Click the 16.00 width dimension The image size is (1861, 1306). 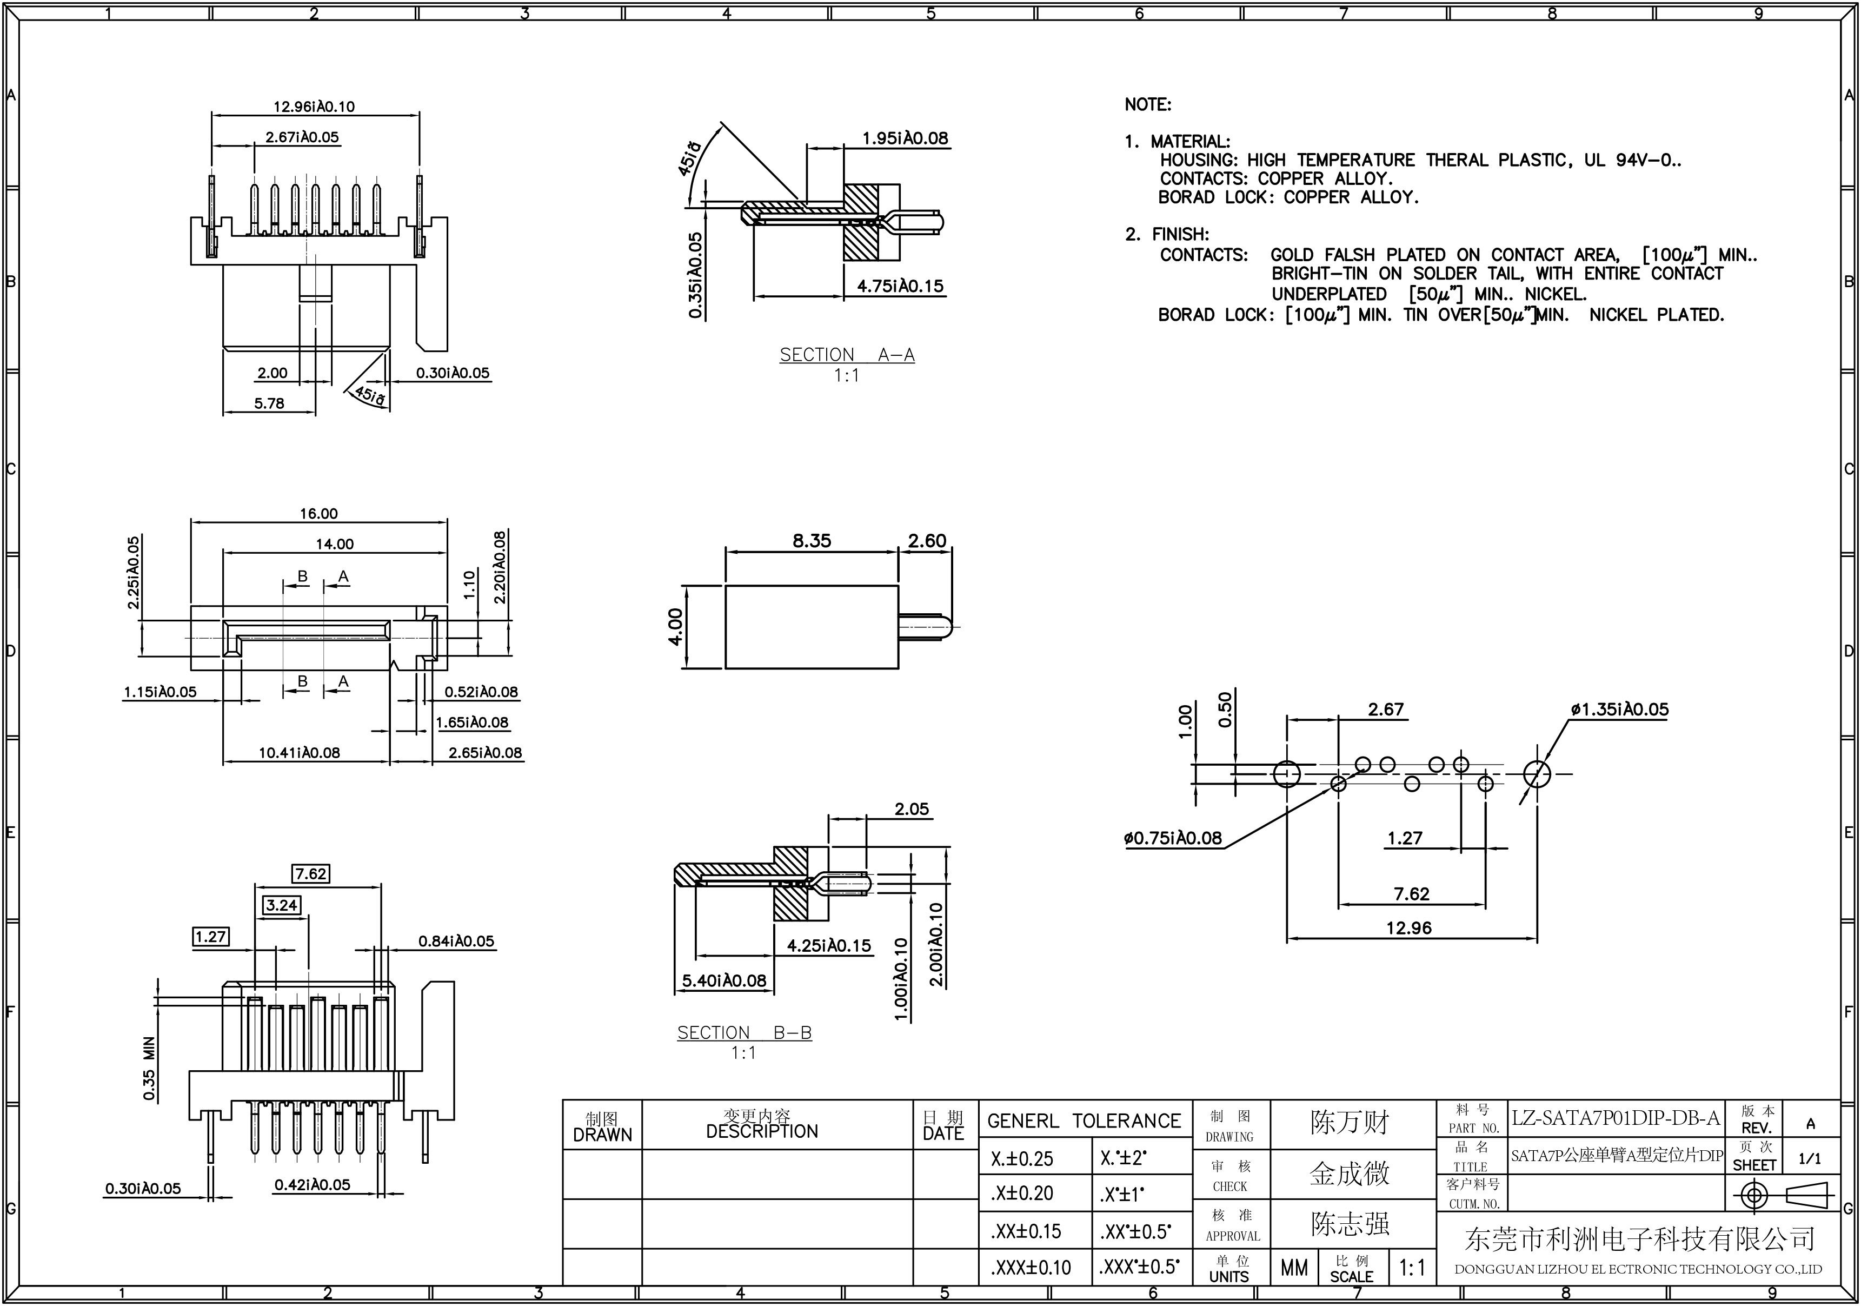pyautogui.click(x=318, y=514)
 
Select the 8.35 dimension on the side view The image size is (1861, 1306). pyautogui.click(x=812, y=541)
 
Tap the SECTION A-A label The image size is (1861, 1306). pyautogui.click(x=847, y=355)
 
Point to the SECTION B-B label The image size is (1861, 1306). pyautogui.click(x=744, y=1033)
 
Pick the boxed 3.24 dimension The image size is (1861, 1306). pyautogui.click(x=281, y=905)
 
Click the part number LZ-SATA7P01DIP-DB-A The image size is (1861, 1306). pyautogui.click(x=1616, y=1119)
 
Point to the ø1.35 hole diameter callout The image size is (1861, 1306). pyautogui.click(x=1619, y=710)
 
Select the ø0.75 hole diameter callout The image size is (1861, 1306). pyautogui.click(x=1172, y=838)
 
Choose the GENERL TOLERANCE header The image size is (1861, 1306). pyautogui.click(x=1085, y=1121)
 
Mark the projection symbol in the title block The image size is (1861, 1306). pyautogui.click(x=1783, y=1196)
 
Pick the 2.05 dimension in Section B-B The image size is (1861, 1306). pyautogui.click(x=912, y=809)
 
